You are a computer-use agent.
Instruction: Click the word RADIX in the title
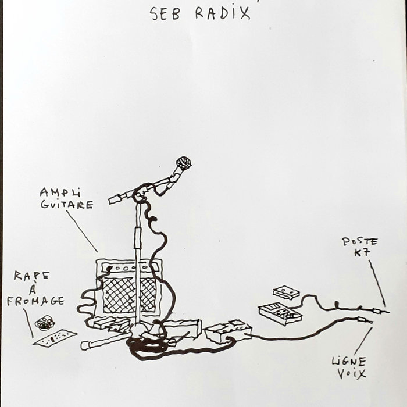tap(223, 13)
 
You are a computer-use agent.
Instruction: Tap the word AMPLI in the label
tap(60, 192)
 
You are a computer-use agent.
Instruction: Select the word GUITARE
tap(67, 205)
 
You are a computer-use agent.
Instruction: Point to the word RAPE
tap(31, 276)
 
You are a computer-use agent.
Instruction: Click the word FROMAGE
tap(35, 301)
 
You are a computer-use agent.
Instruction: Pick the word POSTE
tap(359, 242)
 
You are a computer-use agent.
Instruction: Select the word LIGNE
tap(349, 362)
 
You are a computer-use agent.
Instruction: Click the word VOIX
tap(352, 374)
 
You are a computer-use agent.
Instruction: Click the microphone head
tap(184, 163)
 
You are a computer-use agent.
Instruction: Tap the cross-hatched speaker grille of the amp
tap(129, 295)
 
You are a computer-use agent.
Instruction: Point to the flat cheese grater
tap(55, 338)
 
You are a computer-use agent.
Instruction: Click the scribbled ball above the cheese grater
tap(45, 323)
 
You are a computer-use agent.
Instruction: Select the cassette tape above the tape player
tap(286, 292)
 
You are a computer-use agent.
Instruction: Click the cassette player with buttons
tap(280, 313)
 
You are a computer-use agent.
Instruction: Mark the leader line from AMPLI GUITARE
tap(82, 231)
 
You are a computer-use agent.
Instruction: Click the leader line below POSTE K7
tap(377, 284)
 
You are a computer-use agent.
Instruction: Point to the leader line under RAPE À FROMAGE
tap(28, 323)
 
